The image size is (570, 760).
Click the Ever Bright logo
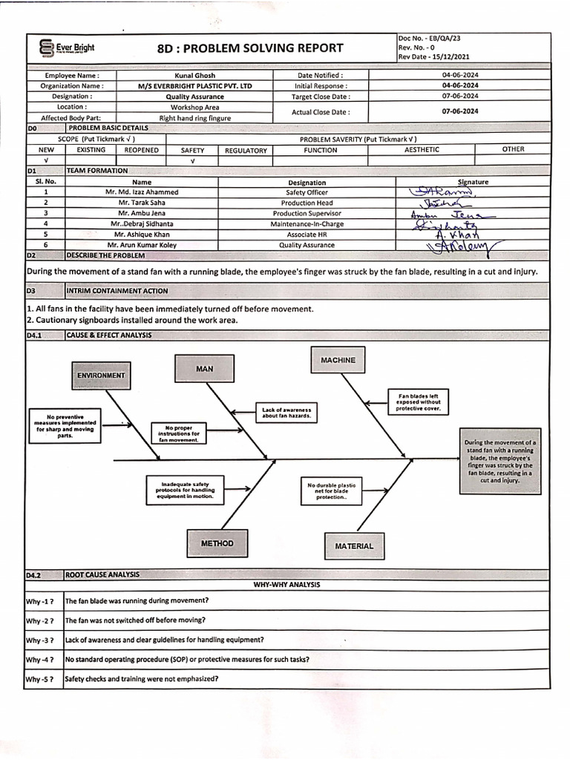[x=67, y=49]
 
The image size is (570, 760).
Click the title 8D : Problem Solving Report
[x=251, y=48]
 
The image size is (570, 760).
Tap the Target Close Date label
[x=321, y=96]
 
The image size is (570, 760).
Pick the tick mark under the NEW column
[x=46, y=160]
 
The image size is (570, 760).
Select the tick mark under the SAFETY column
[x=192, y=160]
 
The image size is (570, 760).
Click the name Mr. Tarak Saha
[x=141, y=203]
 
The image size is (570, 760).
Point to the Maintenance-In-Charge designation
[x=307, y=223]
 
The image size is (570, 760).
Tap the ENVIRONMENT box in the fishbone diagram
[x=101, y=376]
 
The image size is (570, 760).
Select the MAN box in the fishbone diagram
[x=204, y=368]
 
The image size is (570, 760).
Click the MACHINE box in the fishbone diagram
[x=338, y=360]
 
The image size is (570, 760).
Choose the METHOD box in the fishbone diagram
[x=217, y=543]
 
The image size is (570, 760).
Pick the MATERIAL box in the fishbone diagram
[x=354, y=546]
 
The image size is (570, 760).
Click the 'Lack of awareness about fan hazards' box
[x=287, y=413]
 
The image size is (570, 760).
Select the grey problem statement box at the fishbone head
[x=499, y=461]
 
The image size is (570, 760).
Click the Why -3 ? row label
[x=40, y=640]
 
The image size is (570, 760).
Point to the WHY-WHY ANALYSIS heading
[x=286, y=585]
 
